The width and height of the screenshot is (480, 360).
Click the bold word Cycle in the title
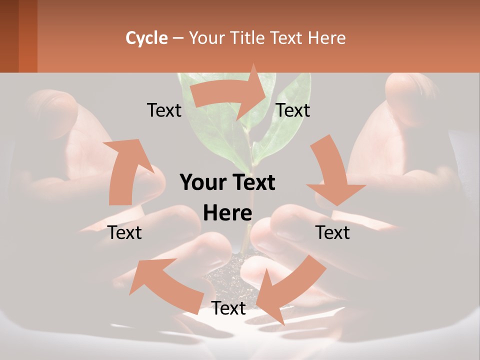pyautogui.click(x=146, y=38)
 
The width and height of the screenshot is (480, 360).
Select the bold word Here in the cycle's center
pyautogui.click(x=227, y=213)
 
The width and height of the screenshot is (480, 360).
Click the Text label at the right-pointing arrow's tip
pyautogui.click(x=293, y=110)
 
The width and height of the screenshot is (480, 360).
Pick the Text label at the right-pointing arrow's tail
pyautogui.click(x=164, y=110)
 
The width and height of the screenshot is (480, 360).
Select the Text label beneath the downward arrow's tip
pyautogui.click(x=332, y=232)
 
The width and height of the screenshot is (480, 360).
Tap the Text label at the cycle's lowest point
pyautogui.click(x=228, y=308)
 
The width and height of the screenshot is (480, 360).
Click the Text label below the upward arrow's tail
pyautogui.click(x=125, y=232)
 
